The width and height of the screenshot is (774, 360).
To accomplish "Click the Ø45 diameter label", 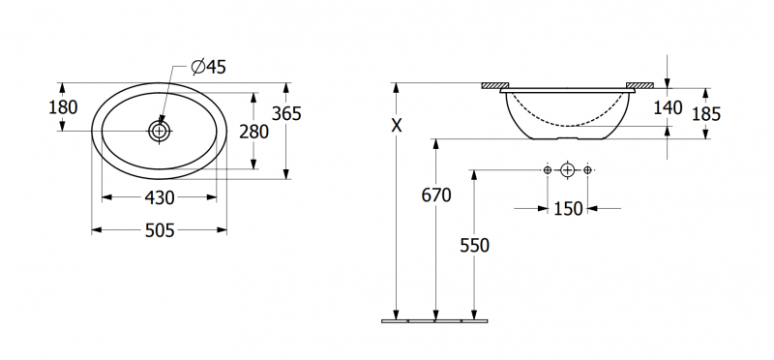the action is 208,67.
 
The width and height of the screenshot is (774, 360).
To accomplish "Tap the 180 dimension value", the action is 63,107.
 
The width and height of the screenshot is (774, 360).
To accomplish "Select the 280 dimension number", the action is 253,132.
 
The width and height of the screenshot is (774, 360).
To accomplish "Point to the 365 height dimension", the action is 286,114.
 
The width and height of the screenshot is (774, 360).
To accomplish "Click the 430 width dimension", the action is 160,198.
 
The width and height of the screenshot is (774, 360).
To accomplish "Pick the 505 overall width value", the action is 160,230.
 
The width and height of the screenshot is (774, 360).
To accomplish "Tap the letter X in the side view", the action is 397,126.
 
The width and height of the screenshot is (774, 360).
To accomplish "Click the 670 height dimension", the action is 436,196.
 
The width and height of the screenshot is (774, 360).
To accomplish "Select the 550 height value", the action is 474,246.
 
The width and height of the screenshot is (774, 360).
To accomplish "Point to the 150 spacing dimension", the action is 568,209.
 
